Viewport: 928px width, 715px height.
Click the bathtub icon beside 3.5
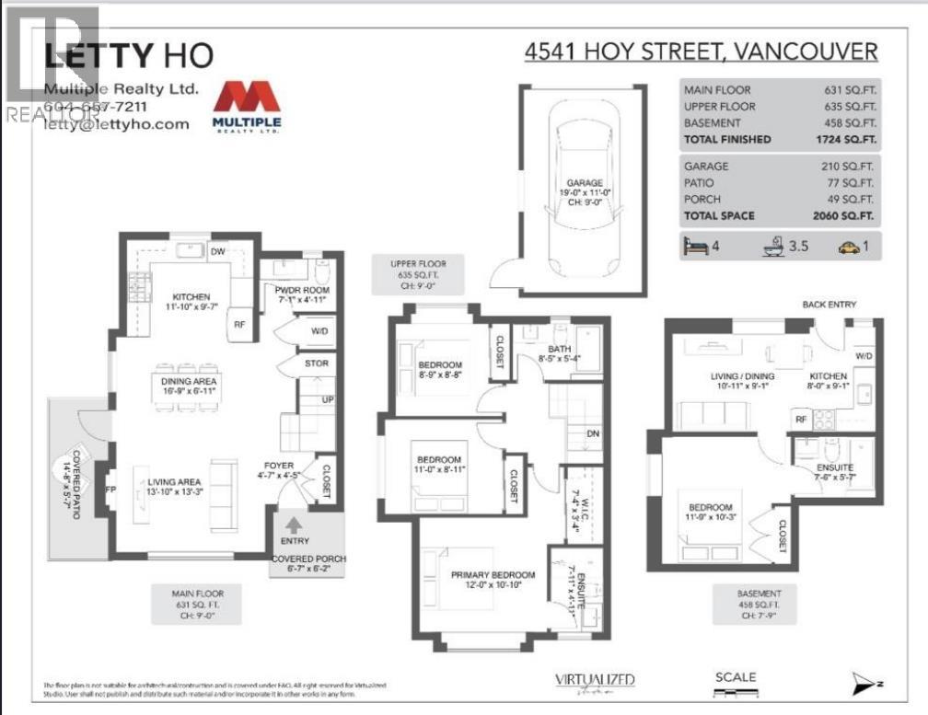(x=770, y=247)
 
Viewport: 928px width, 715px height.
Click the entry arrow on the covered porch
(x=293, y=525)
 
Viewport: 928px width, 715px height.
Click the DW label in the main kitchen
(x=218, y=251)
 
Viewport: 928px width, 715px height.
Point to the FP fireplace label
(x=111, y=490)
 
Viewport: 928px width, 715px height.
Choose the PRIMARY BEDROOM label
(x=487, y=576)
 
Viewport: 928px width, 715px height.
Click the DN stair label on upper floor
(x=594, y=433)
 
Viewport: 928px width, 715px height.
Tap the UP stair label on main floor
(x=327, y=400)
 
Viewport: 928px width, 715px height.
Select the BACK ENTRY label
(x=829, y=305)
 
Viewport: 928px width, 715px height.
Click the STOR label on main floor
(x=316, y=363)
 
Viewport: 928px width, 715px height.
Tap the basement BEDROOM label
(x=710, y=508)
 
